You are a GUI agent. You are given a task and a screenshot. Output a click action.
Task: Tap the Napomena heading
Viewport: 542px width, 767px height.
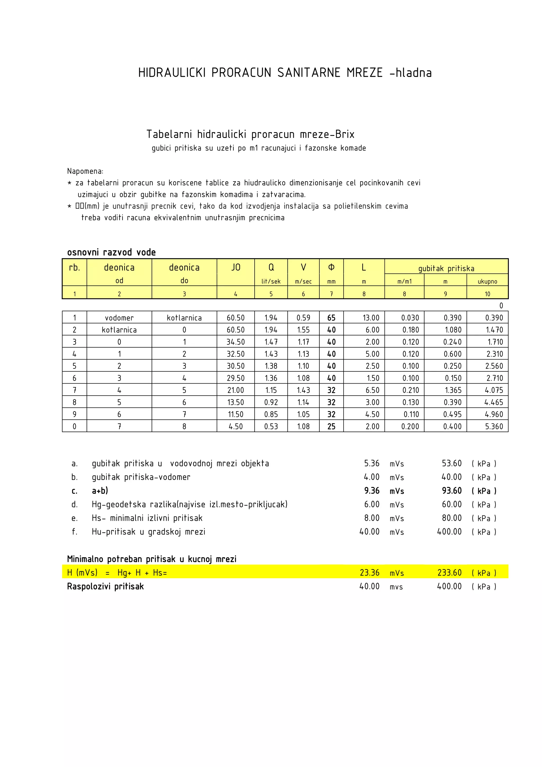(x=85, y=171)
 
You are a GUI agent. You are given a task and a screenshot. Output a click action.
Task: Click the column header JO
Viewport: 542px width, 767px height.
(x=236, y=267)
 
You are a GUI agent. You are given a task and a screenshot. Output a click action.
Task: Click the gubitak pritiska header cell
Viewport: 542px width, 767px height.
(x=446, y=268)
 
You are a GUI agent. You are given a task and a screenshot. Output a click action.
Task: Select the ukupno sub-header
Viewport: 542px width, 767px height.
(x=487, y=282)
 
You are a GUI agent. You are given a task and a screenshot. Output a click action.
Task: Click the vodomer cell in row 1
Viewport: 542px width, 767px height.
(x=119, y=318)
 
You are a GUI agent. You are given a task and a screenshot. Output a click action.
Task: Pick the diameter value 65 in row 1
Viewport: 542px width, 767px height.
(x=331, y=318)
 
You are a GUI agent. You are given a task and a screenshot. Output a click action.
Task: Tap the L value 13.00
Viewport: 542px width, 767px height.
(x=371, y=318)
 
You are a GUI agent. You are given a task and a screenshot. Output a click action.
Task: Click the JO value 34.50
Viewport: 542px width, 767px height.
(x=236, y=342)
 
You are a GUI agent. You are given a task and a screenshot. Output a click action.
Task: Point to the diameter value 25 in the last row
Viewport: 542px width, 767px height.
(x=331, y=427)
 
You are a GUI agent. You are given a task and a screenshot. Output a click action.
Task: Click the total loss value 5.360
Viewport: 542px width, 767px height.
(x=494, y=427)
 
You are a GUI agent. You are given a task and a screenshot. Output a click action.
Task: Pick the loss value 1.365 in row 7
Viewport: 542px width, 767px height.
(x=453, y=390)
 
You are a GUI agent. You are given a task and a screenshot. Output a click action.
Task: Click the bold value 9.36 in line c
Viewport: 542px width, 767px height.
(x=372, y=491)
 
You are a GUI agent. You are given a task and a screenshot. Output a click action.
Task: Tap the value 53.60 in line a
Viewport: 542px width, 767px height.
(x=451, y=463)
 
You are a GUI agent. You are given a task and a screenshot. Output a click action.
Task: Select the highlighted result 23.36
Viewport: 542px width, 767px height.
(x=369, y=573)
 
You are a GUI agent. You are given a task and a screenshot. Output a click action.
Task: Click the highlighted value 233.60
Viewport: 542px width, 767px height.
(x=449, y=573)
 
